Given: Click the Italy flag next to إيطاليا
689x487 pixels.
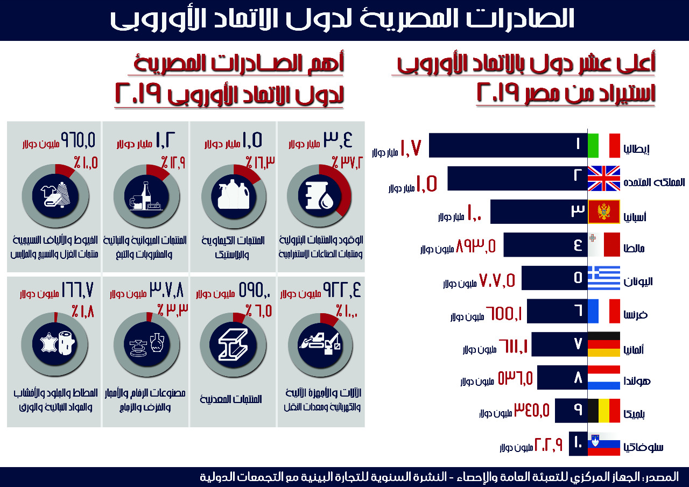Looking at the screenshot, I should tap(603, 145).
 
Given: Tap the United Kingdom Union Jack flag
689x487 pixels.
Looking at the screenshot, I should tap(603, 179).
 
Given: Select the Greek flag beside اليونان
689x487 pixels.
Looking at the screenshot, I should tap(603, 278).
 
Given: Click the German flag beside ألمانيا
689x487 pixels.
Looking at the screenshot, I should tap(603, 344).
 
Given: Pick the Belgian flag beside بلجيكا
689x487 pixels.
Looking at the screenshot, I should tap(603, 411).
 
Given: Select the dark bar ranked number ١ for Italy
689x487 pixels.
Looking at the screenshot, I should tap(507, 145).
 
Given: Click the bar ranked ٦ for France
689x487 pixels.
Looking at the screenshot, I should tap(557, 311).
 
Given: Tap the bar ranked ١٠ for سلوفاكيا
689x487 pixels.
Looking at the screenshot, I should tap(576, 444).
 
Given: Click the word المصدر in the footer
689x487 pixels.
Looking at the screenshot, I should tap(663, 477).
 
